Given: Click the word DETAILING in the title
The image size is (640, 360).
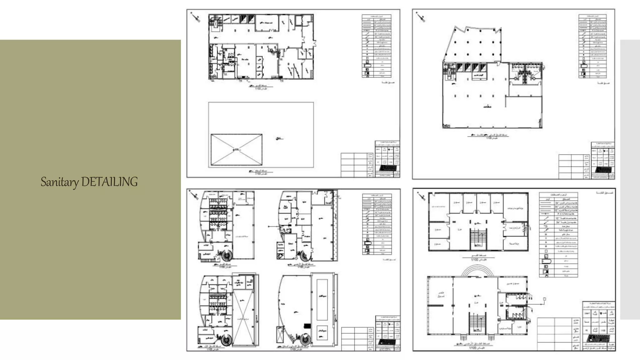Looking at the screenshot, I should click(109, 182).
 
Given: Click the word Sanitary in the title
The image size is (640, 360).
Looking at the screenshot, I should click(59, 182).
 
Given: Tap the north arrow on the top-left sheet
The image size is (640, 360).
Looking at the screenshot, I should click(196, 17).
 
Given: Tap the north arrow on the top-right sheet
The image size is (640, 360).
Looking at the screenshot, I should click(421, 17).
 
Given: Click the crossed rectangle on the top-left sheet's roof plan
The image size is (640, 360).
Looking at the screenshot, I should click(237, 150).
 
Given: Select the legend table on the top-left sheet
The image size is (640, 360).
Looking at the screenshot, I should click(377, 46).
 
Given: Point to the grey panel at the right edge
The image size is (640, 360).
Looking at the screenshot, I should click(630, 179).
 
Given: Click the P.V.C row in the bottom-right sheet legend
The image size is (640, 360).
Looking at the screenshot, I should click(558, 214).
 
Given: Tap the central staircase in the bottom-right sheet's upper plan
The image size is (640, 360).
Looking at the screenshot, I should click(478, 239).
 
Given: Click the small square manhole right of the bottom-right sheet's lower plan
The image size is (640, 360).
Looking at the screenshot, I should click(544, 299).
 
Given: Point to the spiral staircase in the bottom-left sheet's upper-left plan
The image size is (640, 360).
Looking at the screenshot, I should click(226, 255).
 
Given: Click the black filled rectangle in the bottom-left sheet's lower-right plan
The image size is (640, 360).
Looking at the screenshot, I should click(307, 326).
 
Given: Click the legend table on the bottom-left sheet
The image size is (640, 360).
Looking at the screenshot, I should click(377, 224).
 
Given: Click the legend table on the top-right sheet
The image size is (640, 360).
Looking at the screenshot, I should click(592, 46).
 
